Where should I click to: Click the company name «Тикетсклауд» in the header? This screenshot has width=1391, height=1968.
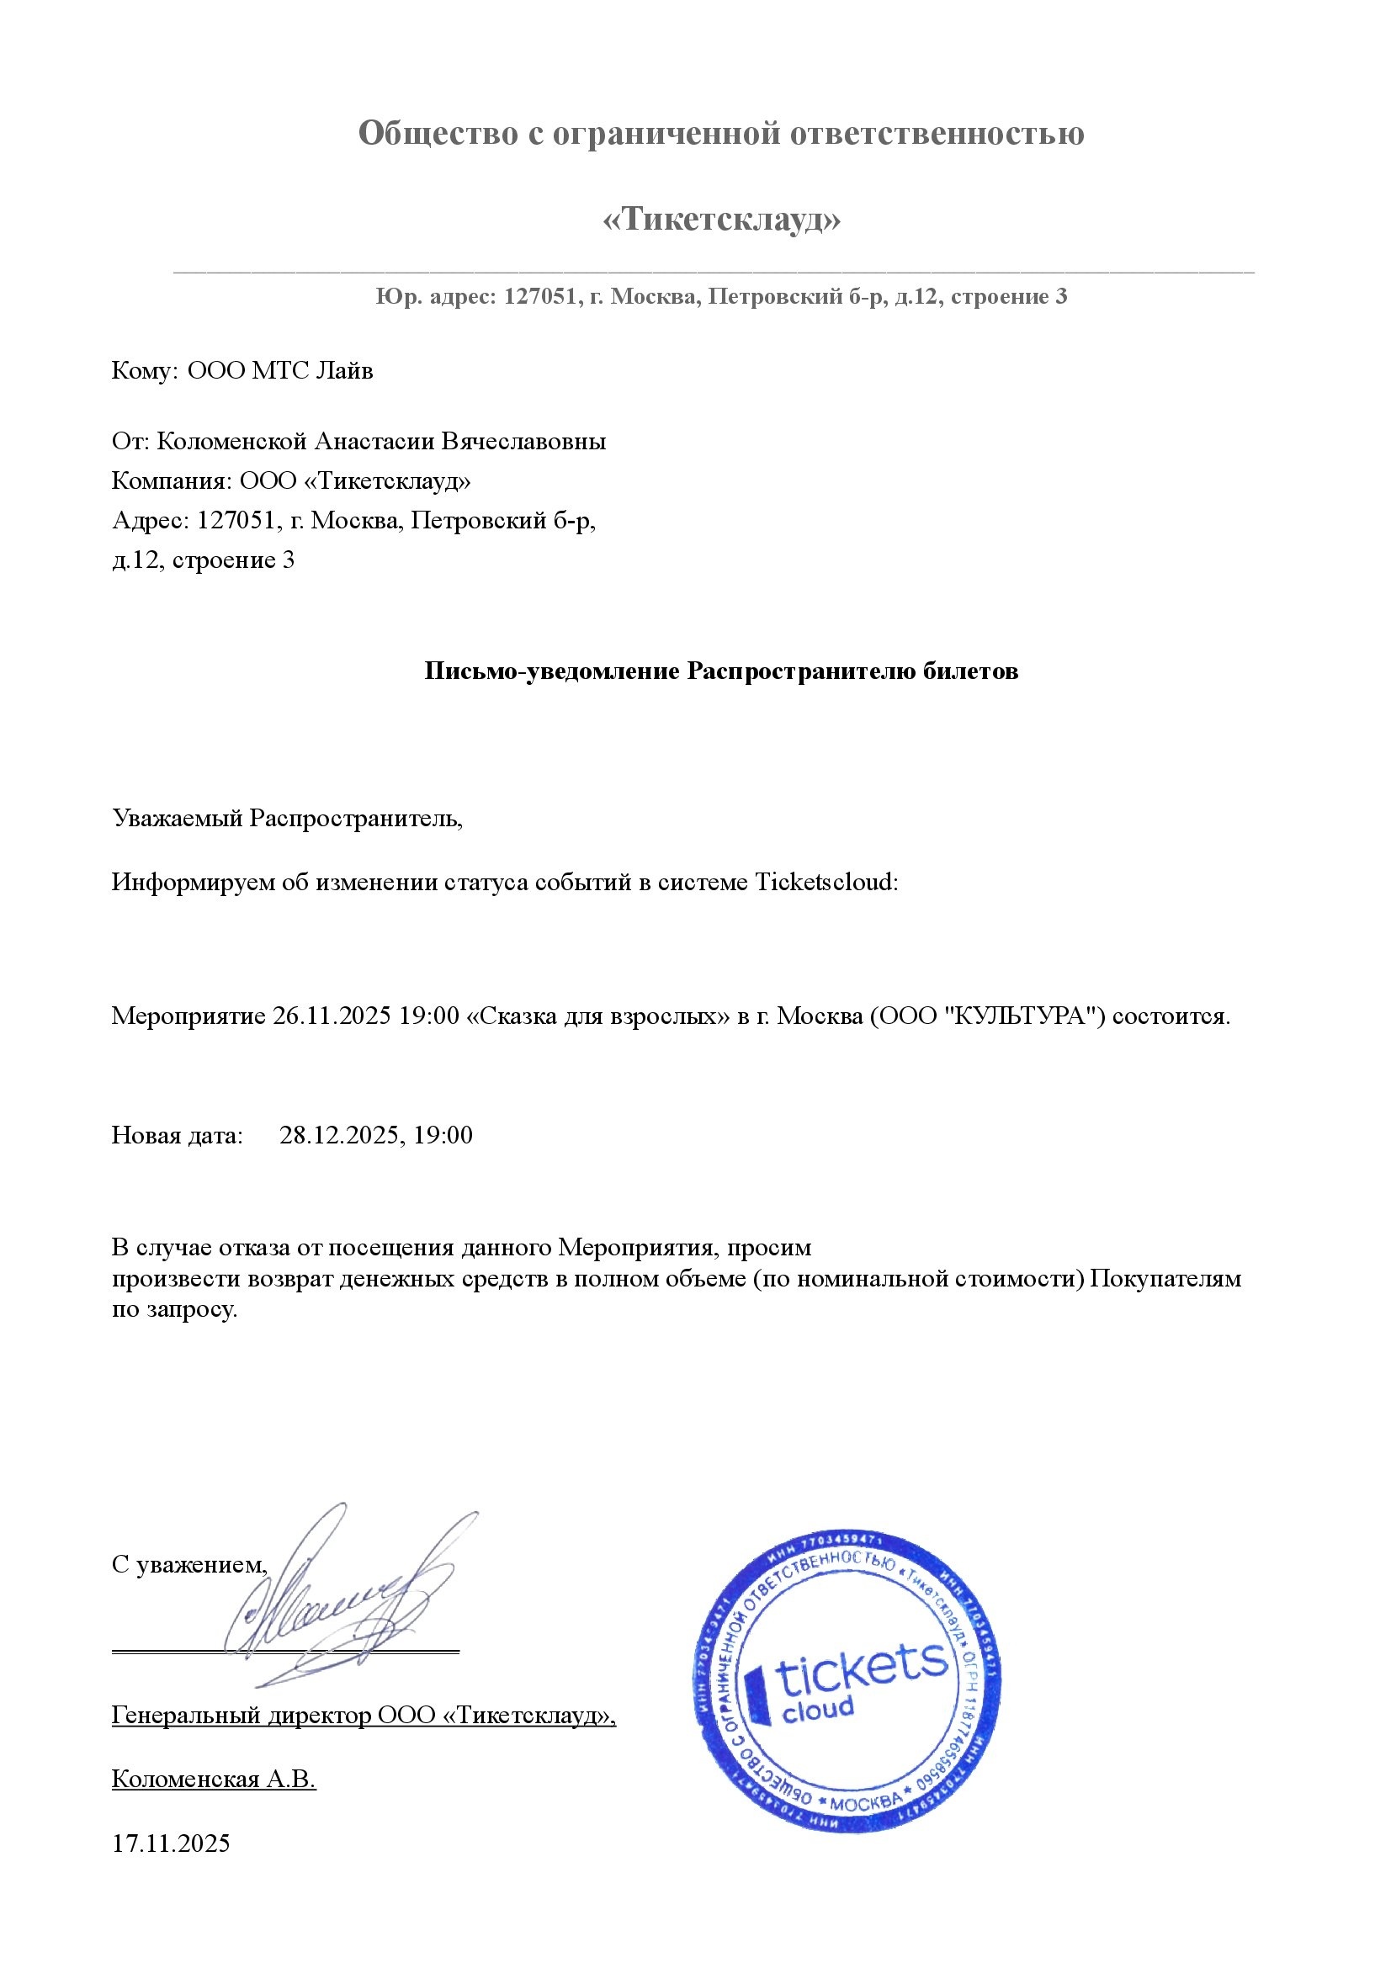pyautogui.click(x=721, y=220)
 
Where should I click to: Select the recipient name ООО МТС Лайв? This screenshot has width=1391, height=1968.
pyautogui.click(x=280, y=371)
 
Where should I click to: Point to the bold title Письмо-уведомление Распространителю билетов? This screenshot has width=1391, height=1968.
pyautogui.click(x=721, y=671)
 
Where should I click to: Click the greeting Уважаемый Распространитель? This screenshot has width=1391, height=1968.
pyautogui.click(x=287, y=818)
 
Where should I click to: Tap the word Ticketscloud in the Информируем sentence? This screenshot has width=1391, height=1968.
pyautogui.click(x=826, y=882)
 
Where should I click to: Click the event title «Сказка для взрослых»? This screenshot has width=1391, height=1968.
pyautogui.click(x=597, y=1016)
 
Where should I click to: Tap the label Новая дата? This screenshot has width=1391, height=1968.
pyautogui.click(x=178, y=1136)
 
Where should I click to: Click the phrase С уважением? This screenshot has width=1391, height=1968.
pyautogui.click(x=189, y=1565)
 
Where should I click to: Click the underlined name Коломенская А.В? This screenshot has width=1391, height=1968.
pyautogui.click(x=215, y=1779)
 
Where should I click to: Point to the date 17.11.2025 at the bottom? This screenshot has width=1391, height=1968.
pyautogui.click(x=171, y=1843)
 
